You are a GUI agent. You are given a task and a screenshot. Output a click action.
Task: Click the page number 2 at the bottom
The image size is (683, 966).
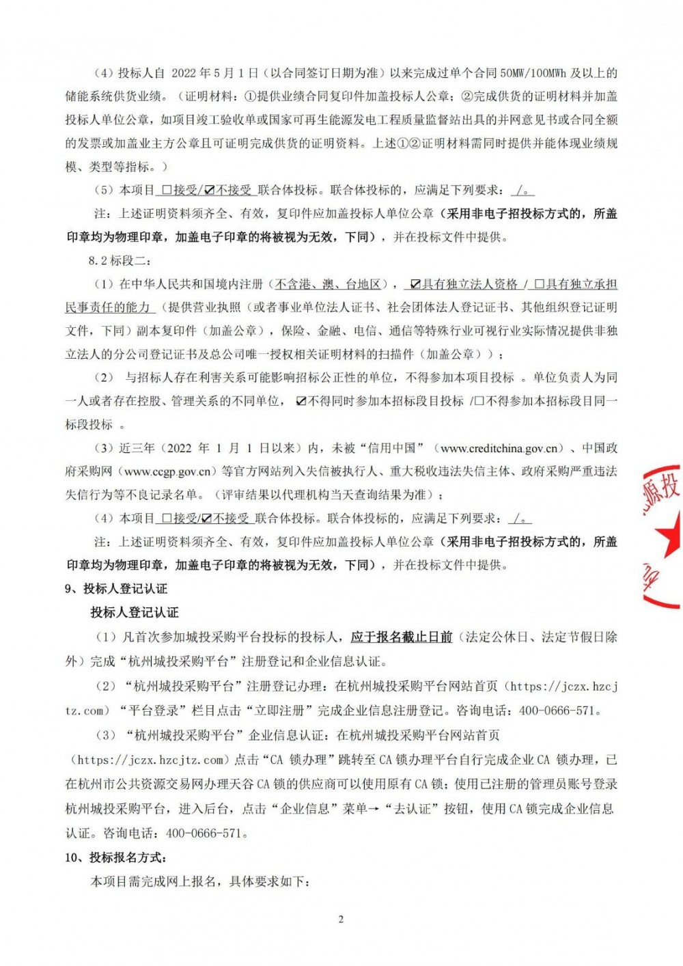pos(341,919)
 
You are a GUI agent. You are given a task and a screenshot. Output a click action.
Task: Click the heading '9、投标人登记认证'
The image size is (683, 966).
pos(115,589)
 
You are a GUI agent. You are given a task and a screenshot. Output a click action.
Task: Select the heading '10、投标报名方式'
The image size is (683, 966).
pos(115,857)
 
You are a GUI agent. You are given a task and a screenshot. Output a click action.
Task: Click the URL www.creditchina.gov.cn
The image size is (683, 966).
pos(503,448)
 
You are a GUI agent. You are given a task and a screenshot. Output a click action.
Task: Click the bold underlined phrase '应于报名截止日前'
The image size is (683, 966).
pos(402,637)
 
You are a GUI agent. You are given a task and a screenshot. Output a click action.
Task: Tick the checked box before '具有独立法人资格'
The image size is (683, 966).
pos(415,284)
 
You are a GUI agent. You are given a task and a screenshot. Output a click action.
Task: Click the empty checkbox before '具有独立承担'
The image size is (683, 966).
pos(539,284)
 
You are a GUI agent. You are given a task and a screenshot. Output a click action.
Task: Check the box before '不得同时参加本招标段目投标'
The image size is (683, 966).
pos(301,402)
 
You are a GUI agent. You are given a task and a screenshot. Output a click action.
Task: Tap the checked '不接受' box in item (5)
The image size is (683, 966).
pos(209,191)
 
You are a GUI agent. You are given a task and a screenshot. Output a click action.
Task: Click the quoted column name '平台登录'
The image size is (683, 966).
pos(155,710)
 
